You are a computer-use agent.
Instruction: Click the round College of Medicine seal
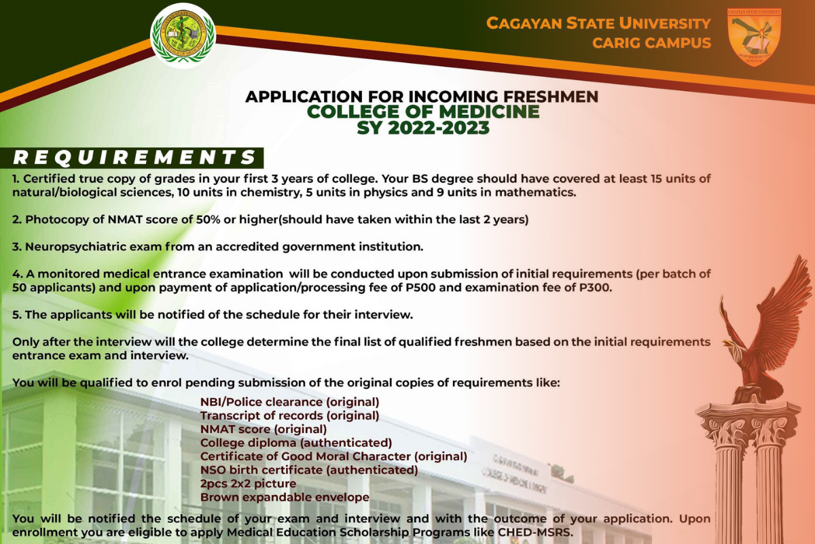click(x=183, y=36)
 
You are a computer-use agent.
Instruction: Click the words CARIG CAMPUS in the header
click(x=651, y=43)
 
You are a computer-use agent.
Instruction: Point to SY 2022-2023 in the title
click(x=423, y=128)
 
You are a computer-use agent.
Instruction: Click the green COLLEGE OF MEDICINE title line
click(x=423, y=112)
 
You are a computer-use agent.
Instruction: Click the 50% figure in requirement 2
click(x=208, y=220)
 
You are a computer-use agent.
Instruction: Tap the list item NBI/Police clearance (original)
click(x=289, y=403)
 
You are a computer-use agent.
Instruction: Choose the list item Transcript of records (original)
click(x=289, y=415)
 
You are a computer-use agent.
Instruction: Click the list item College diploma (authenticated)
click(x=296, y=443)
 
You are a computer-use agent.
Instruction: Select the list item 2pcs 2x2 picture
click(x=248, y=484)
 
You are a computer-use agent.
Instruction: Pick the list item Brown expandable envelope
click(x=285, y=497)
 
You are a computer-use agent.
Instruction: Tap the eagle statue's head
click(x=733, y=347)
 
